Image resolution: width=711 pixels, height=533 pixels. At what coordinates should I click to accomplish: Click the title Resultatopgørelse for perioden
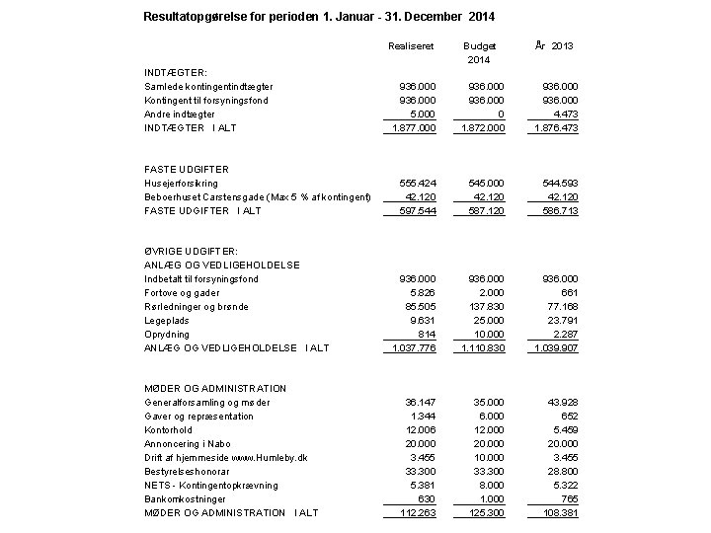tap(319, 17)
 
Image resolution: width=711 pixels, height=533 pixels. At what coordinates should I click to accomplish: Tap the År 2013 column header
tap(553, 45)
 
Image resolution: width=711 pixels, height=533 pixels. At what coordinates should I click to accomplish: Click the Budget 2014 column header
tap(479, 53)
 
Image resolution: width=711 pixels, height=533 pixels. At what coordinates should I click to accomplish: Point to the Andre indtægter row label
tap(180, 114)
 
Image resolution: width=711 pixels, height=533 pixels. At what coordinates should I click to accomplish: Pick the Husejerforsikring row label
tap(182, 183)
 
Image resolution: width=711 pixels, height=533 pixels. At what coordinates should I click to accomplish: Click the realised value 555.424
tap(417, 183)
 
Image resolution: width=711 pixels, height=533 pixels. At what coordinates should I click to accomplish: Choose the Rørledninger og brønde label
tap(197, 306)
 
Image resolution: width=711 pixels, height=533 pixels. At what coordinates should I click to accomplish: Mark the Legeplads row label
tap(167, 320)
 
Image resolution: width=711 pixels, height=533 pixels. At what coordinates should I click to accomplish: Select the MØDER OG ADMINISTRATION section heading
tap(215, 388)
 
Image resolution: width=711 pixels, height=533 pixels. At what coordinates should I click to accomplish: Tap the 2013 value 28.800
tap(560, 471)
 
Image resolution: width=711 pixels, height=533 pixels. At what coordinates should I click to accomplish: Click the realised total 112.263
tap(417, 512)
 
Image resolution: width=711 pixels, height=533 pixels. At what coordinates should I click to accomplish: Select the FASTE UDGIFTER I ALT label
tap(202, 210)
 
